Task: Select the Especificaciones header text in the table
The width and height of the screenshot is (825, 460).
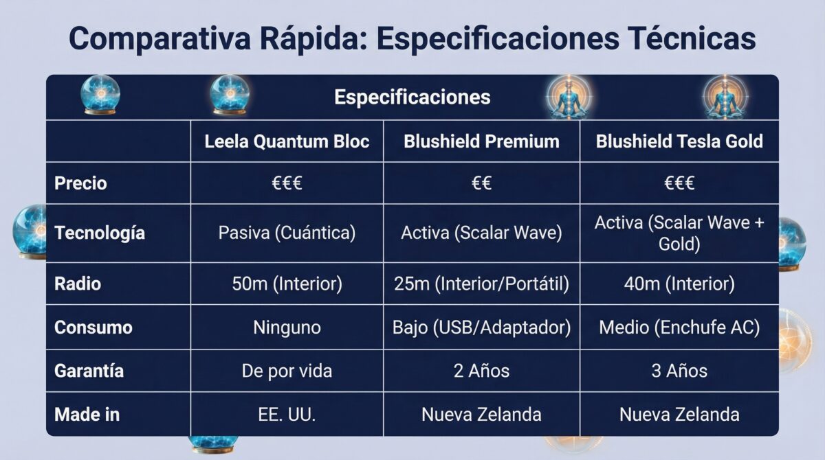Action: [x=412, y=97]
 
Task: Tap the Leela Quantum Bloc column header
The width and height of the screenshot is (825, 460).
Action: [x=287, y=141]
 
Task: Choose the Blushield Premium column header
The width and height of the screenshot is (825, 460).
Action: [x=481, y=141]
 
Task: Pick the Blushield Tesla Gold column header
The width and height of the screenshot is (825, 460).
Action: [x=679, y=141]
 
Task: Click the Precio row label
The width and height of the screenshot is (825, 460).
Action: [x=81, y=183]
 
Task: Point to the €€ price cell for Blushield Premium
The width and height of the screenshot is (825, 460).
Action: [x=481, y=183]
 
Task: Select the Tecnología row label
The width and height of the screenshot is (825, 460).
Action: [x=100, y=233]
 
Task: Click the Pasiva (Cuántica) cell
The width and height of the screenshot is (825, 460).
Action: [x=287, y=233]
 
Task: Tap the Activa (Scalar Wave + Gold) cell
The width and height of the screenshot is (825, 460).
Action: [x=679, y=233]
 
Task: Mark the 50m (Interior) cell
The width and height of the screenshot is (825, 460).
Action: [x=287, y=284]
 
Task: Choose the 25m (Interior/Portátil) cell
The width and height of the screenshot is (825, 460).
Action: [x=481, y=284]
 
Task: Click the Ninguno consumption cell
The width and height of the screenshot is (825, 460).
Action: [x=287, y=327]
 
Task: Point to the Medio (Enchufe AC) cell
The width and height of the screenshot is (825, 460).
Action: [x=679, y=327]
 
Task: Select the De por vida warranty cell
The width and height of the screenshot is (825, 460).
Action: [x=287, y=371]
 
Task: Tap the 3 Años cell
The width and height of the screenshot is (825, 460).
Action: [x=679, y=371]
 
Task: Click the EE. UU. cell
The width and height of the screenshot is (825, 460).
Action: [x=287, y=415]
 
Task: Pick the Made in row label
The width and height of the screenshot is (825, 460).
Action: [x=87, y=415]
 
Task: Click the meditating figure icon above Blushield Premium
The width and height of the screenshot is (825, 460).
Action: [x=568, y=97]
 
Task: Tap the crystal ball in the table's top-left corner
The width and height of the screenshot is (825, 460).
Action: [x=100, y=95]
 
